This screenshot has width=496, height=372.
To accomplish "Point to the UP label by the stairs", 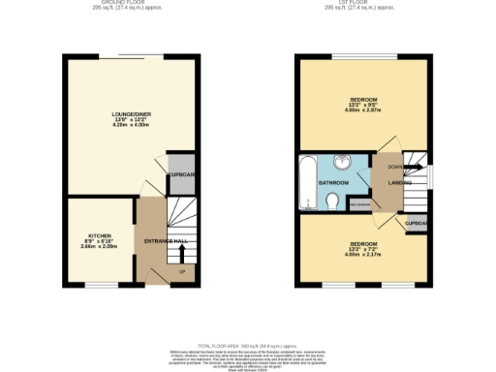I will tap(181, 270).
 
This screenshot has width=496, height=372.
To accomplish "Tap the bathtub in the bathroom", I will tap(307, 181).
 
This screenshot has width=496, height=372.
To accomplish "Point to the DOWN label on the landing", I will tap(383, 167).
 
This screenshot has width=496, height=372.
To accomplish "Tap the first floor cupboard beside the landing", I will tap(417, 224).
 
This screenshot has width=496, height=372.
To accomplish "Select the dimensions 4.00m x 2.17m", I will tap(363, 255).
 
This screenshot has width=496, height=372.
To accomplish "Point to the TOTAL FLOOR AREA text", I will tap(248, 344).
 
